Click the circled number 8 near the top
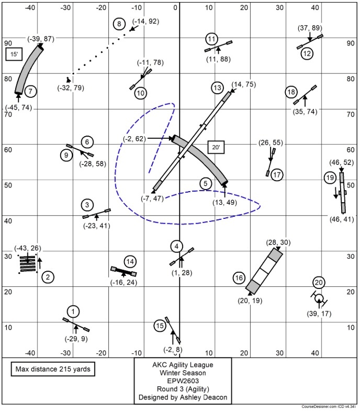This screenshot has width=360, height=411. tap(119, 24)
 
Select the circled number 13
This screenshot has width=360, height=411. tap(218, 87)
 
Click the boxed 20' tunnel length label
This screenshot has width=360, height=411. tap(216, 148)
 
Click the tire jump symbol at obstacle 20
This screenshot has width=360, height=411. tap(319, 298)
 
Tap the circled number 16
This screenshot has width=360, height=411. tap(239, 277)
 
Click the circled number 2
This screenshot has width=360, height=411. tap(48, 277)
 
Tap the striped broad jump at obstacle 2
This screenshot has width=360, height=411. tap(27, 264)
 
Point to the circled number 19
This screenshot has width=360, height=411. tap(330, 178)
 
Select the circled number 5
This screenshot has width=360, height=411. tap(206, 183)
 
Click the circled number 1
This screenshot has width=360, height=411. tap(74, 312)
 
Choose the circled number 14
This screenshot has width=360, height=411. tap(130, 261)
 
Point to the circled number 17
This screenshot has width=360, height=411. tap(277, 175)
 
